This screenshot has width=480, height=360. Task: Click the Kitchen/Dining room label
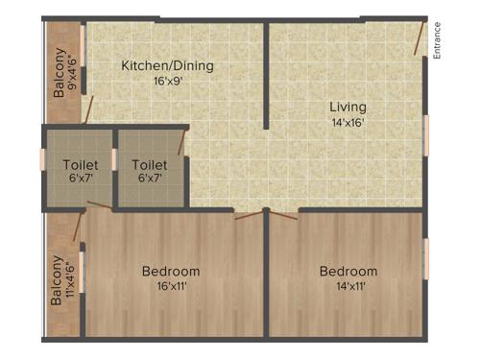point(167,66)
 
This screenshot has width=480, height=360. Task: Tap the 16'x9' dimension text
point(167,82)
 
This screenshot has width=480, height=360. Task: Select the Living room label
point(348,107)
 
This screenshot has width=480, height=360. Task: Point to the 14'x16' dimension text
point(348,122)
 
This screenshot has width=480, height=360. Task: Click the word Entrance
point(438,41)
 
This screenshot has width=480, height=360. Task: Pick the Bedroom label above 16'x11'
point(171,271)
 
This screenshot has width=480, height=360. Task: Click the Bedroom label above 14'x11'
point(348,271)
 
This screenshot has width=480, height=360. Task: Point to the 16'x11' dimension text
point(171,286)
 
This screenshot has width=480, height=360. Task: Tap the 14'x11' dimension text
point(348,286)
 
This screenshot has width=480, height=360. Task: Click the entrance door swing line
point(419,38)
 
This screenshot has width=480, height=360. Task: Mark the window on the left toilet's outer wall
point(42,159)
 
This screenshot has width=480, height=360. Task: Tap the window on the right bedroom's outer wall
point(425,257)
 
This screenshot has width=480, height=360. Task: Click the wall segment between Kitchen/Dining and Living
point(266,77)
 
